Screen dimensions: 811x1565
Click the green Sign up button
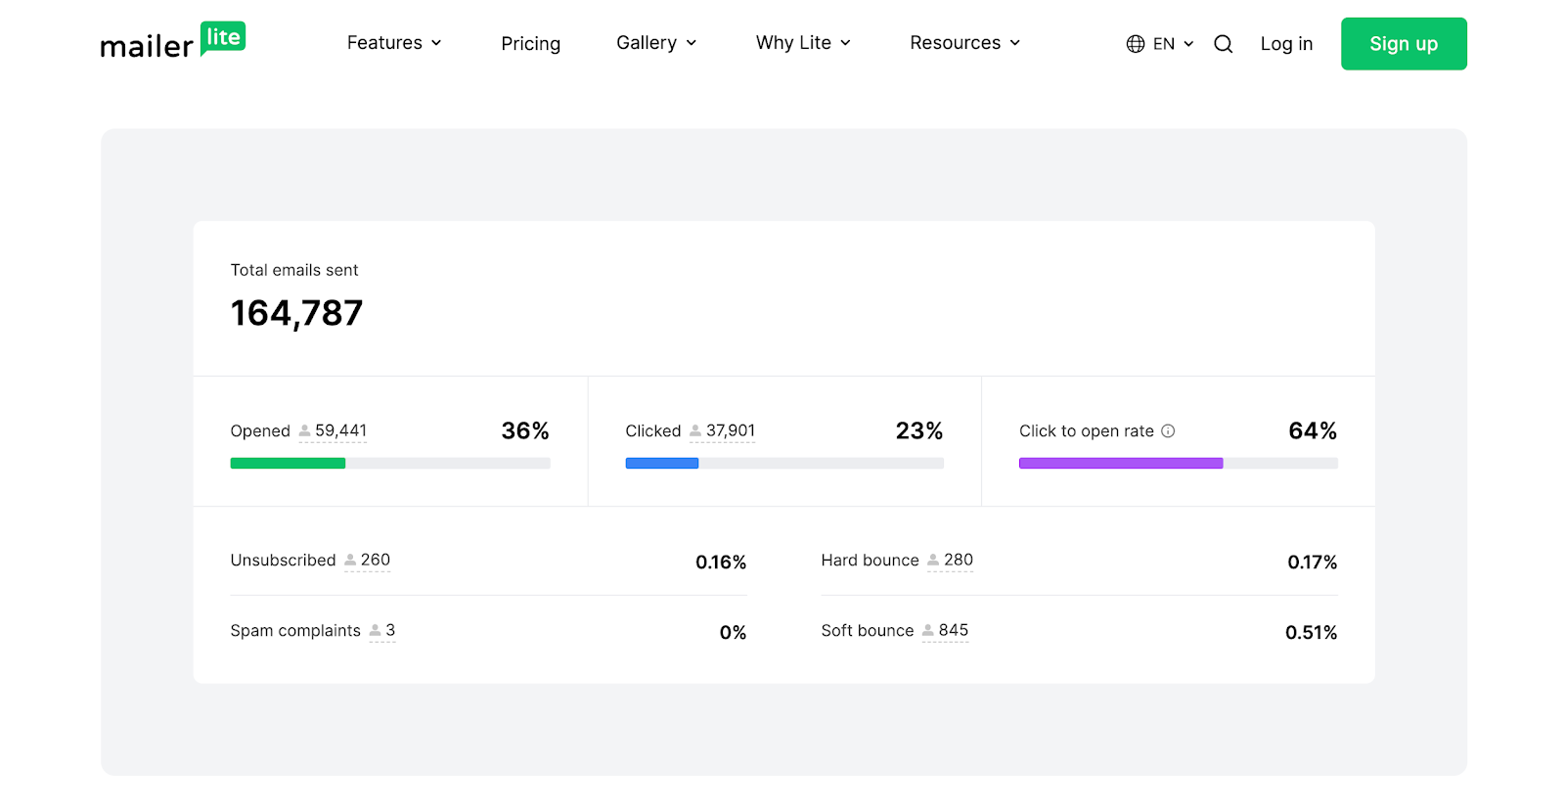pyautogui.click(x=1403, y=44)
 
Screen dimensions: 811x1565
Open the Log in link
pyautogui.click(x=1285, y=44)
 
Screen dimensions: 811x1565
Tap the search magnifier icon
pyautogui.click(x=1223, y=44)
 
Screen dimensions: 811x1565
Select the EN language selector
pyautogui.click(x=1160, y=44)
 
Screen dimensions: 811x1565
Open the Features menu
pyautogui.click(x=394, y=43)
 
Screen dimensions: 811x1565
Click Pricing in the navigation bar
pyautogui.click(x=530, y=44)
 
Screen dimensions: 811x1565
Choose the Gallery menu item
pyautogui.click(x=656, y=43)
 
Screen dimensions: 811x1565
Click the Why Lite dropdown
pyautogui.click(x=803, y=43)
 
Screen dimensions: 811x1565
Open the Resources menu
pyautogui.click(x=964, y=43)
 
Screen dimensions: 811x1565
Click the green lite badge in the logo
pyautogui.click(x=223, y=38)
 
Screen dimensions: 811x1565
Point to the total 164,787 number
pyautogui.click(x=296, y=313)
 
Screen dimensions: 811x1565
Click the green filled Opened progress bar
pyautogui.click(x=288, y=464)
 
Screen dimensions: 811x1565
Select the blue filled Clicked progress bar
pyautogui.click(x=661, y=464)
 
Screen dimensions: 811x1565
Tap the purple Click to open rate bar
pyautogui.click(x=1120, y=464)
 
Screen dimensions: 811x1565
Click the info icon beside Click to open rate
pyautogui.click(x=1168, y=431)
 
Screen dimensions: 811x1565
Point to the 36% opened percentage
pyautogui.click(x=524, y=431)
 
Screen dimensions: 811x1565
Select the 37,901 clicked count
pyautogui.click(x=730, y=430)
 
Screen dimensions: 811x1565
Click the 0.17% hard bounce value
pyautogui.click(x=1312, y=563)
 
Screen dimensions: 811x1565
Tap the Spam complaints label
pyautogui.click(x=295, y=631)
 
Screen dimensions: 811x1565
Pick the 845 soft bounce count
pyautogui.click(x=953, y=631)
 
